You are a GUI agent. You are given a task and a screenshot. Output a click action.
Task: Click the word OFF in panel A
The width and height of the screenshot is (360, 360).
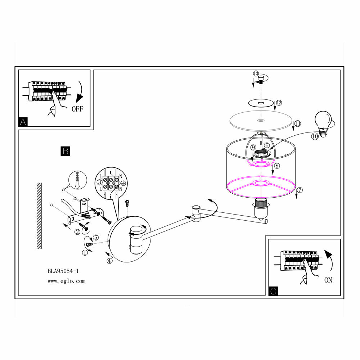coord(77,109)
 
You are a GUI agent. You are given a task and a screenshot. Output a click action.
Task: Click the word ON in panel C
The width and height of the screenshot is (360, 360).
coord(328,280)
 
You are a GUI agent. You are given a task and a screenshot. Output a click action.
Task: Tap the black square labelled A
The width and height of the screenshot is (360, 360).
coord(23,122)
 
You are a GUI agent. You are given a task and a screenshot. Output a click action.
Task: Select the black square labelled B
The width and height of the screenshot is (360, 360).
coord(65,151)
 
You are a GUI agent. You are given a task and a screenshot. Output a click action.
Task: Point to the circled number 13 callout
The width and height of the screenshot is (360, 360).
coord(256,73)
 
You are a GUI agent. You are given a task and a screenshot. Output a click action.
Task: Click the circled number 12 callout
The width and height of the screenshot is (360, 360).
coord(279,103)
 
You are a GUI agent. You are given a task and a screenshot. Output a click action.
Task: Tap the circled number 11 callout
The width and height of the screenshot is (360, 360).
coord(297,124)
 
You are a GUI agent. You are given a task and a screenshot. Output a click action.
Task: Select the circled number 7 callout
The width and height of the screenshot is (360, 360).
coord(300,190)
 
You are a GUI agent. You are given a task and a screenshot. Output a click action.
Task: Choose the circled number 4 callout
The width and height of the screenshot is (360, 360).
coord(109,261)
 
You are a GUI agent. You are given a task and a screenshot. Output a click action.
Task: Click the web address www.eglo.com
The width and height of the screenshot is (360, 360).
coord(67,281)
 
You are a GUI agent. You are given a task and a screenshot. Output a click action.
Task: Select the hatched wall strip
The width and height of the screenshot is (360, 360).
coord(39,215)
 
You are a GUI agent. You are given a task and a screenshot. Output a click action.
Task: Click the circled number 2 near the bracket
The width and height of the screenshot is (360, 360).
coord(77,232)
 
